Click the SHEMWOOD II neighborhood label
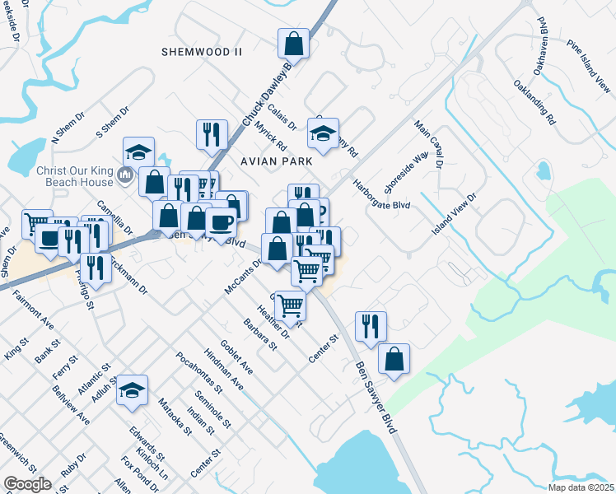point(203,51)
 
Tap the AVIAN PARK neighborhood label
point(277,161)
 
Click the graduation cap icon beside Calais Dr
point(324,133)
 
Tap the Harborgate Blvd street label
point(381,193)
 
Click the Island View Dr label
point(455,215)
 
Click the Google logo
point(27,484)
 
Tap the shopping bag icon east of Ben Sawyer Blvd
point(394,358)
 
